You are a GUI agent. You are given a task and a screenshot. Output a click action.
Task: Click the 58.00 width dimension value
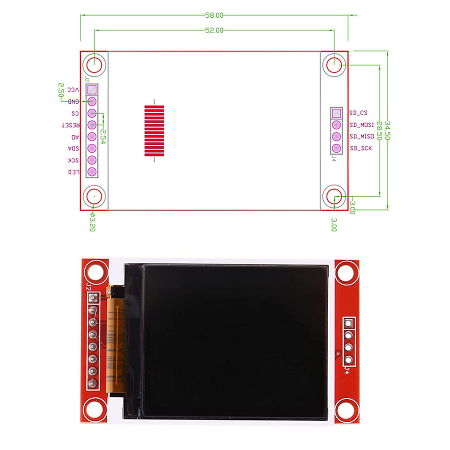pyautogui.click(x=214, y=15)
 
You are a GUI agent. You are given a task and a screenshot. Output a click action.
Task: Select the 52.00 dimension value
pyautogui.click(x=214, y=30)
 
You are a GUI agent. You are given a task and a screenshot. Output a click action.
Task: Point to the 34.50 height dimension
pyautogui.click(x=387, y=130)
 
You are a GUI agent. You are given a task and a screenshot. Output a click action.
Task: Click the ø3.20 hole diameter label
pyautogui.click(x=92, y=223)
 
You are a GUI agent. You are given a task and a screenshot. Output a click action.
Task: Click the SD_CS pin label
pyautogui.click(x=358, y=113)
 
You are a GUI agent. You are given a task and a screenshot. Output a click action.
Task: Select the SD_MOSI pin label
pyautogui.click(x=361, y=125)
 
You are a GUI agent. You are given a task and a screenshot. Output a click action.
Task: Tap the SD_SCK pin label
pyautogui.click(x=360, y=148)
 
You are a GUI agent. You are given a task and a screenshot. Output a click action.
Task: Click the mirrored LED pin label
pyautogui.click(x=73, y=172)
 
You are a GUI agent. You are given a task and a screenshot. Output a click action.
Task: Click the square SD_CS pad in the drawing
pyautogui.click(x=336, y=113)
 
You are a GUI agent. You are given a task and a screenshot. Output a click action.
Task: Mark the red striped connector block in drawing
pyautogui.click(x=154, y=131)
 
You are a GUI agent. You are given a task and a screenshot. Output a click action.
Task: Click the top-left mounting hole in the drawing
pyautogui.click(x=94, y=64)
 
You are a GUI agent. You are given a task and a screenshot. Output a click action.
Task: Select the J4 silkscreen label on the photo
pyautogui.click(x=347, y=370)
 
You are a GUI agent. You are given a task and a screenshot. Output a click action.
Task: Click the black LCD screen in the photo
pyautogui.click(x=235, y=341)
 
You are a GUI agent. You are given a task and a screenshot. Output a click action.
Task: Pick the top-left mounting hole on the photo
pyautogui.click(x=94, y=272)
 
